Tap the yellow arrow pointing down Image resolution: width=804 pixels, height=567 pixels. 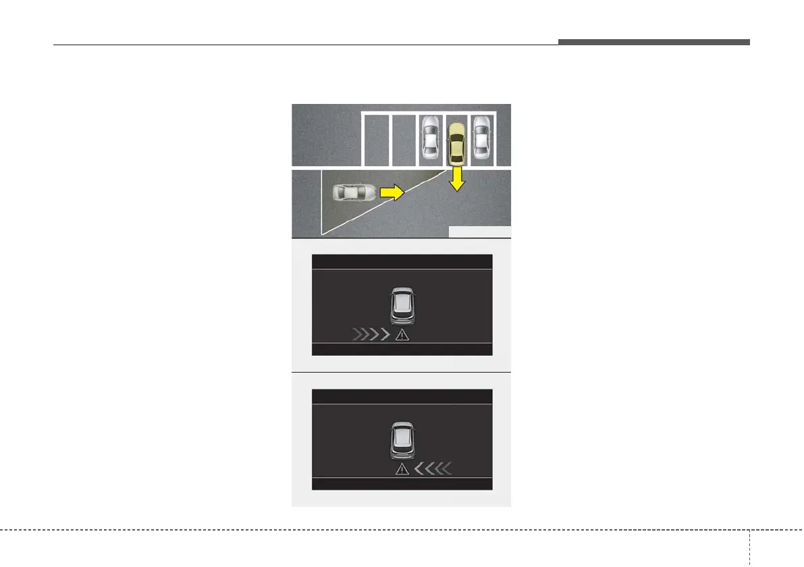point(458,180)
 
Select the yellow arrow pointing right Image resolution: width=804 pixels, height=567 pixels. point(391,192)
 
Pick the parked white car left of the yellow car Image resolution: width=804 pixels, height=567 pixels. point(430,138)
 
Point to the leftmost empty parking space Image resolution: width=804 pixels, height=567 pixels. point(376,139)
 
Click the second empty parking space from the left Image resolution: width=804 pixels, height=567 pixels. point(403,139)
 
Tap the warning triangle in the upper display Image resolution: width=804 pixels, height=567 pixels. point(402,334)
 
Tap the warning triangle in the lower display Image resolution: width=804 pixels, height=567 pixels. point(403,468)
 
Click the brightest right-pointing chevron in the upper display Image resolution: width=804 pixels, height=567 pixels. point(385,334)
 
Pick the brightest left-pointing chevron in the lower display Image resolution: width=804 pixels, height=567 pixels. point(419,468)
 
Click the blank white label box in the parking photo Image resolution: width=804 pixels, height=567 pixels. point(479,232)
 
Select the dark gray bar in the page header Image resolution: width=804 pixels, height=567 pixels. point(653,42)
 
